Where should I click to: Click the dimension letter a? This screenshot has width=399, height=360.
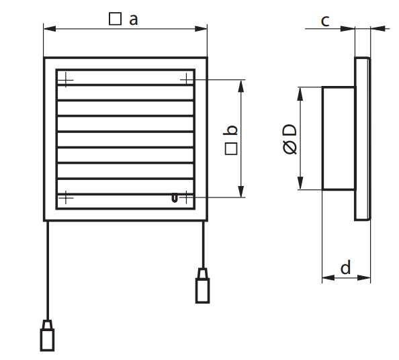pyautogui.click(x=134, y=19)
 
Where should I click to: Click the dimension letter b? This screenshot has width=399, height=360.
pyautogui.click(x=230, y=130)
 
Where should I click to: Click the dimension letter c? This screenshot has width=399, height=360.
pyautogui.click(x=325, y=21)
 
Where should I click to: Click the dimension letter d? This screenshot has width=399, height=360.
pyautogui.click(x=346, y=267)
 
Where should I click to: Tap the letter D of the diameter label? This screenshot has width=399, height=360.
pyautogui.click(x=290, y=130)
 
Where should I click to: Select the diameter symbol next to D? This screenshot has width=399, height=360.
pyautogui.click(x=290, y=148)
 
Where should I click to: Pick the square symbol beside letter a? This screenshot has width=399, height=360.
pyautogui.click(x=115, y=19)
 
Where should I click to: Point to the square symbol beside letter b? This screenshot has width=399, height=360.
pyautogui.click(x=231, y=148)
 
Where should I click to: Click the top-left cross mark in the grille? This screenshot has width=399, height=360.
pyautogui.click(x=66, y=80)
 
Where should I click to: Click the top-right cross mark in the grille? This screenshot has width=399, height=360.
pyautogui.click(x=187, y=80)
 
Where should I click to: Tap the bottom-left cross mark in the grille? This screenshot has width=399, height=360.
pyautogui.click(x=66, y=197)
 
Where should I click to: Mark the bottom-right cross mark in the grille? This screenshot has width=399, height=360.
pyautogui.click(x=187, y=197)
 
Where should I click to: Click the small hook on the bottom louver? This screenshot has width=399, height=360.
pyautogui.click(x=174, y=198)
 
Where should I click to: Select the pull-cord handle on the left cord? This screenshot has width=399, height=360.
pyautogui.click(x=47, y=335)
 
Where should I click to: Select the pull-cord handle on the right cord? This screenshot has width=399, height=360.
pyautogui.click(x=203, y=285)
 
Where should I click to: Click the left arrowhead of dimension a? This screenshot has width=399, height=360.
pyautogui.click(x=50, y=29)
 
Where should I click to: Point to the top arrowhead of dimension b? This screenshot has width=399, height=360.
pyautogui.click(x=241, y=86)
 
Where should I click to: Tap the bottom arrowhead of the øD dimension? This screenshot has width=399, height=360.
pyautogui.click(x=300, y=183)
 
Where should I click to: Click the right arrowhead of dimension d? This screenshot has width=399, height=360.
pyautogui.click(x=364, y=277)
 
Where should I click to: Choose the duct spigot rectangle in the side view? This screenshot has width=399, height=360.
pyautogui.click(x=339, y=138)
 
